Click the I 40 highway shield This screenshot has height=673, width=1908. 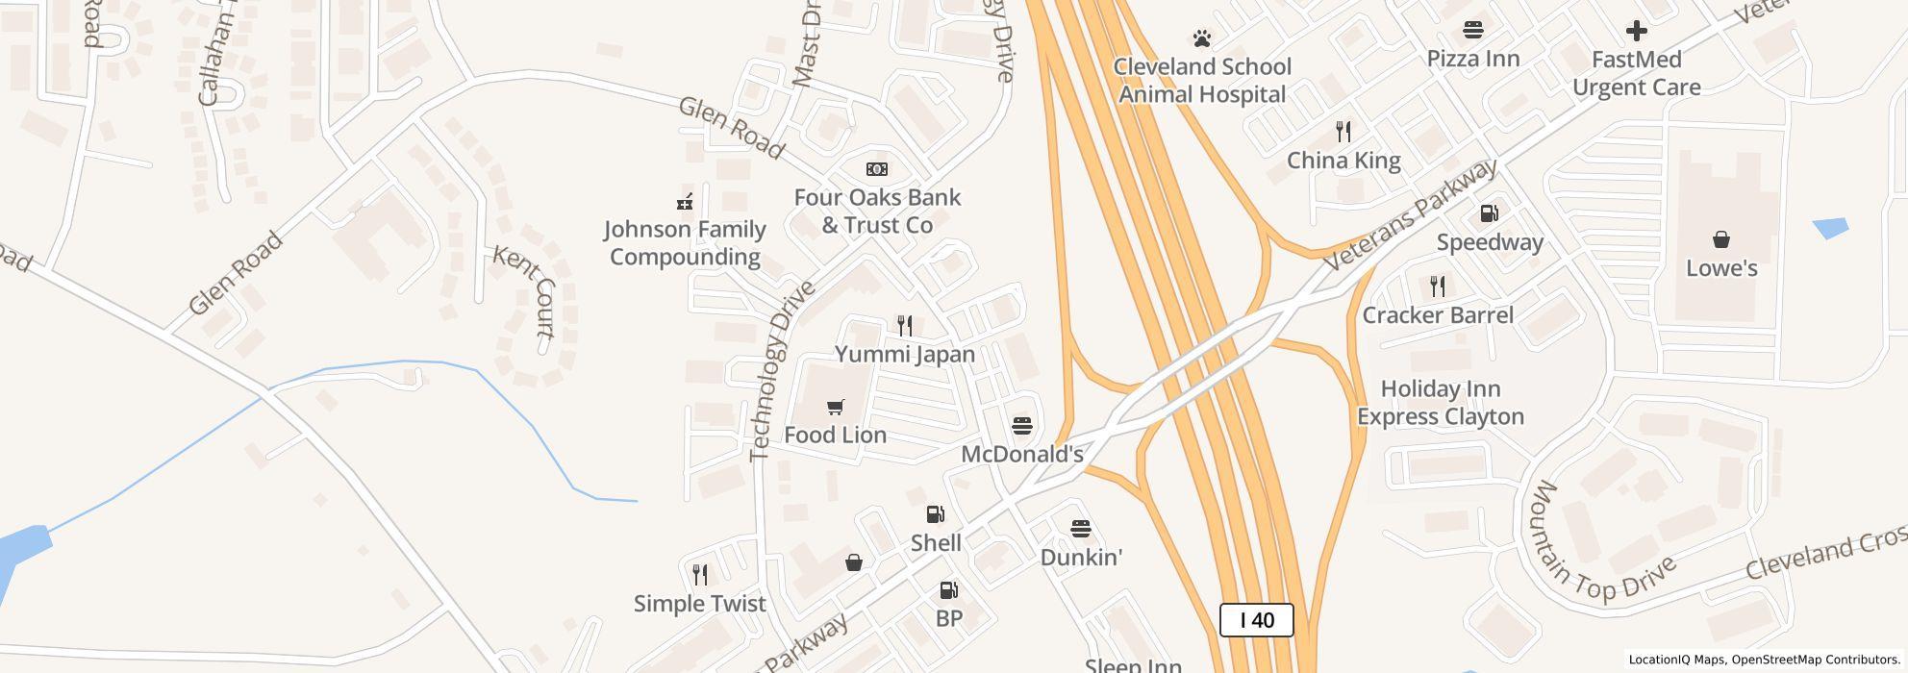tap(1256, 620)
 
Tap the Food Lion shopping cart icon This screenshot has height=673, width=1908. tap(835, 408)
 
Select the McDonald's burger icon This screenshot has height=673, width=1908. tap(1022, 426)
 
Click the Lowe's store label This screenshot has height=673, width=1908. tap(1721, 268)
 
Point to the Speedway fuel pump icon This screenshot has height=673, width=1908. tap(1489, 213)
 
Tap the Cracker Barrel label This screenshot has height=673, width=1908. tap(1438, 315)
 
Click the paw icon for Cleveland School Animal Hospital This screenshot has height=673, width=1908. tap(1201, 38)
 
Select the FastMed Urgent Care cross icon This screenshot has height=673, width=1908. tap(1636, 31)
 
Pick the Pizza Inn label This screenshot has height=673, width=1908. tap(1472, 59)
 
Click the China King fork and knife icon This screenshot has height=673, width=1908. tap(1343, 131)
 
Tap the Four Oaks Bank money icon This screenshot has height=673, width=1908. tap(876, 169)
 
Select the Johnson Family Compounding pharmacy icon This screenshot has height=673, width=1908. tap(685, 202)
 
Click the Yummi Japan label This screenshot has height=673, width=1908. tap(904, 354)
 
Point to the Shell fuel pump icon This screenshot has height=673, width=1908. tap(935, 514)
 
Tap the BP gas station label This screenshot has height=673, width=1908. tap(948, 618)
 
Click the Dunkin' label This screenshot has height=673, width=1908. tap(1081, 558)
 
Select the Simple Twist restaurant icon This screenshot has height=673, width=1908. tap(700, 575)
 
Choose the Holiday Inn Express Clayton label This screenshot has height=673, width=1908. tap(1440, 403)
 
